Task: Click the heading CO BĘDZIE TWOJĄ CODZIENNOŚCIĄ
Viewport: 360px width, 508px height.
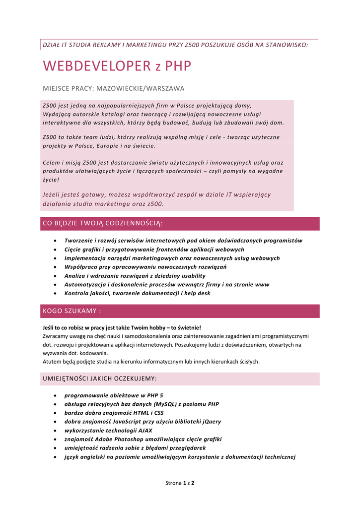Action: click(103, 224)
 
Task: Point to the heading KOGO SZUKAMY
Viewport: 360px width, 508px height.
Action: click(72, 311)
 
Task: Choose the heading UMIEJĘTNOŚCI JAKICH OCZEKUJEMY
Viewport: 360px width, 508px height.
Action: click(100, 379)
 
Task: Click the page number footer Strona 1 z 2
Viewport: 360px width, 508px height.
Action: click(180, 482)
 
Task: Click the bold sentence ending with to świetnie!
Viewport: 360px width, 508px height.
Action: click(122, 327)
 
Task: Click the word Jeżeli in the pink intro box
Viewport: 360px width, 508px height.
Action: click(52, 195)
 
